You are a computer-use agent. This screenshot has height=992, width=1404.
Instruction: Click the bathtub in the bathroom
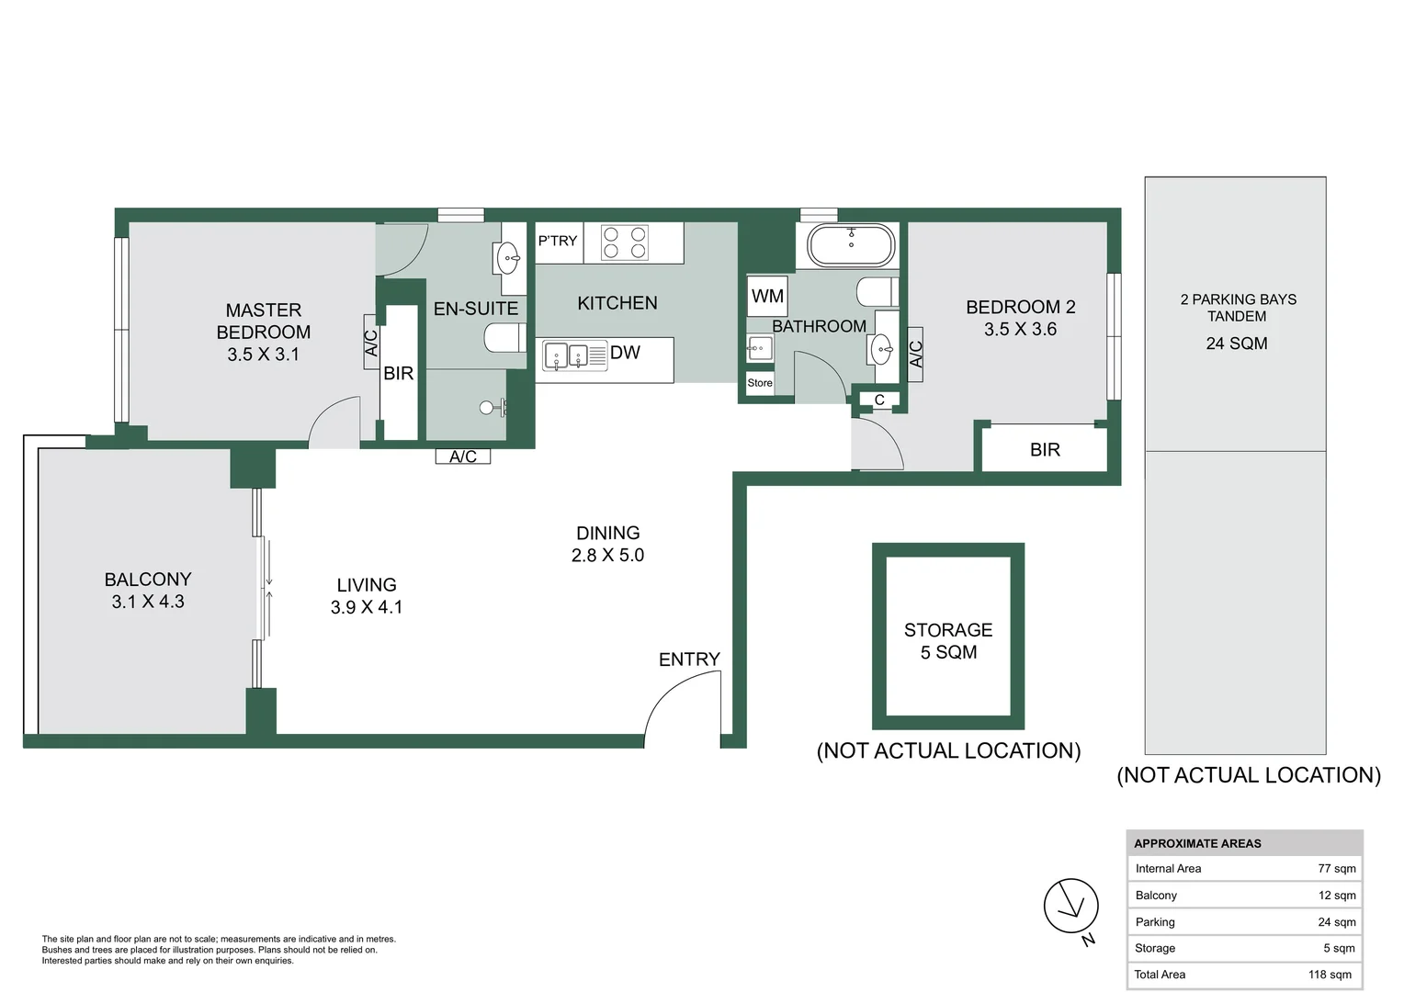[x=850, y=245]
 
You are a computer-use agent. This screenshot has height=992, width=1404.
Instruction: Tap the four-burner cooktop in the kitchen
[x=625, y=242]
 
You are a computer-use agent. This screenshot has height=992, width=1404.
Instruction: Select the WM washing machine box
[x=767, y=296]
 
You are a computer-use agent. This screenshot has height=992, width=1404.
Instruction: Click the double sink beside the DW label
[x=566, y=355]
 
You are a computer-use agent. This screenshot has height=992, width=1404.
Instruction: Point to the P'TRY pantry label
[x=558, y=241]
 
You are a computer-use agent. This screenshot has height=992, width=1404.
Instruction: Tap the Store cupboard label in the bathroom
[x=760, y=383]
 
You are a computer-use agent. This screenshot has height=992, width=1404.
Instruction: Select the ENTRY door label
[x=689, y=659]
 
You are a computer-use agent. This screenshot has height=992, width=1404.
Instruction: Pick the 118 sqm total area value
[x=1330, y=975]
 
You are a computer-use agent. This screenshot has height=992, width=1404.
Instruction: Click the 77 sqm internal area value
[x=1336, y=868]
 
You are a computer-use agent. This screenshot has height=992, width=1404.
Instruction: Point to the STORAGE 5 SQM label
[x=948, y=641]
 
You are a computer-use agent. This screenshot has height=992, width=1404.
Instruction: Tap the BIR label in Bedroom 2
[x=1045, y=450]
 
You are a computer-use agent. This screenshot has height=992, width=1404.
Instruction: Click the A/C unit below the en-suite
[x=463, y=457]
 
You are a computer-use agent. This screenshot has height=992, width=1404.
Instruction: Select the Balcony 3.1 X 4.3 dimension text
[x=148, y=602]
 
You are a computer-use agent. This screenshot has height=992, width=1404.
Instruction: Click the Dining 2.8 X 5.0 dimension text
[x=607, y=555]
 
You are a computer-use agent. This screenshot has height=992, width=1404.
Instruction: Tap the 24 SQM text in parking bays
[x=1236, y=344]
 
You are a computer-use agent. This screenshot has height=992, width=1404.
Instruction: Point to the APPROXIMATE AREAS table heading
[x=1197, y=843]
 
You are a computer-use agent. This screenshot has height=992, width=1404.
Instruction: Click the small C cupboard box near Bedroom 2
[x=879, y=400]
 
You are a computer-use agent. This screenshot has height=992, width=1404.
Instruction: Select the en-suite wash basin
[x=508, y=258]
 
